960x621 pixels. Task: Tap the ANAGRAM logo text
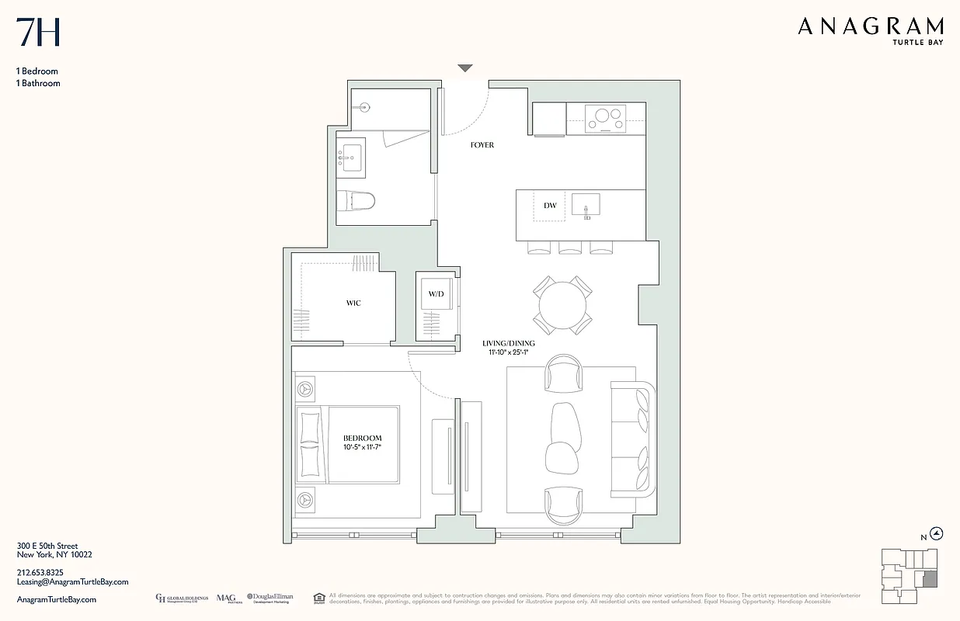(870, 27)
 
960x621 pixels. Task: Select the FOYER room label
(482, 145)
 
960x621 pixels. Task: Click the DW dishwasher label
(550, 206)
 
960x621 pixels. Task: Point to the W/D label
(436, 295)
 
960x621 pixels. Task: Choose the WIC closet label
(353, 303)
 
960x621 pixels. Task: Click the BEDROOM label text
(363, 439)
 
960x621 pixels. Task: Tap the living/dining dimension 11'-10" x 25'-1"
(509, 353)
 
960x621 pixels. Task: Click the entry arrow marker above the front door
(464, 68)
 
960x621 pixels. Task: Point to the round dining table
(563, 306)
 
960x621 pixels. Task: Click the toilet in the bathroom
(357, 201)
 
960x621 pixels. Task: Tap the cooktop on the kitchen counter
(605, 119)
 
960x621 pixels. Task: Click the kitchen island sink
(586, 205)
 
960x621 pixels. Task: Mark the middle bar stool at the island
(570, 248)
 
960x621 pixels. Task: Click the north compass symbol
(936, 533)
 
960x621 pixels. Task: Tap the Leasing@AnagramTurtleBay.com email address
(72, 581)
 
